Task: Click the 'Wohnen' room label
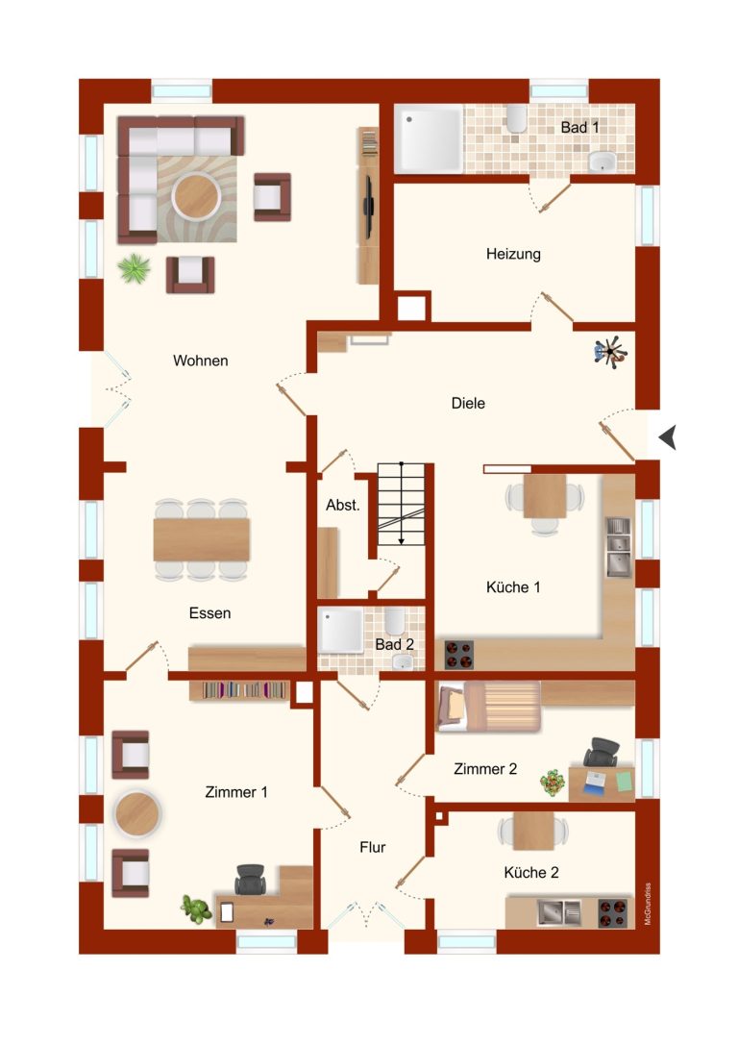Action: click(x=201, y=361)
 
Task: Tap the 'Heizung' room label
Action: click(x=513, y=254)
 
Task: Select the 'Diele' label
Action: click(x=468, y=403)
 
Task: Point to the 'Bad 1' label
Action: click(x=579, y=127)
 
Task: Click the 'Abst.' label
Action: click(x=342, y=505)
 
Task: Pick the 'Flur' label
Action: click(x=372, y=847)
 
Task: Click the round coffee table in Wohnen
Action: click(x=196, y=194)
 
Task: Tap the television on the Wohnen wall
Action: click(x=367, y=205)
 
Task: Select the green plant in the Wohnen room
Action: click(x=134, y=268)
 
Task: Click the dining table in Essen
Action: click(x=201, y=539)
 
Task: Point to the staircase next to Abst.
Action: click(x=401, y=504)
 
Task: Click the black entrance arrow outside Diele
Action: click(x=668, y=437)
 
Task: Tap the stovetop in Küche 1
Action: click(x=459, y=655)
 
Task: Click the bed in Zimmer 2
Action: click(x=487, y=706)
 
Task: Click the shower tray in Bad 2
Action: click(x=340, y=631)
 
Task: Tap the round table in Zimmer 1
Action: click(x=136, y=813)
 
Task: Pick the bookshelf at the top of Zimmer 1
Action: click(x=244, y=690)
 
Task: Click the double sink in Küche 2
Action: click(x=559, y=912)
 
